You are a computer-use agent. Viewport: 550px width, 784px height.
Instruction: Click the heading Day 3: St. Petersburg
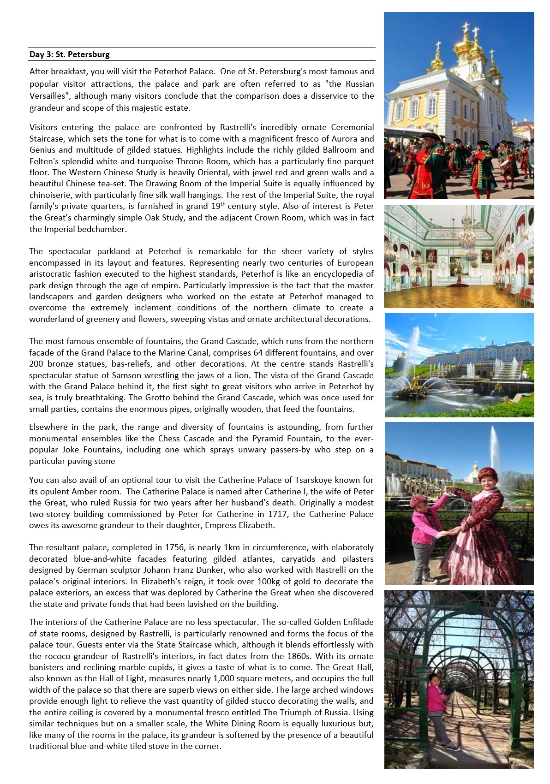70,54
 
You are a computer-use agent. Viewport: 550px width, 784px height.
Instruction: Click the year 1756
174,547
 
